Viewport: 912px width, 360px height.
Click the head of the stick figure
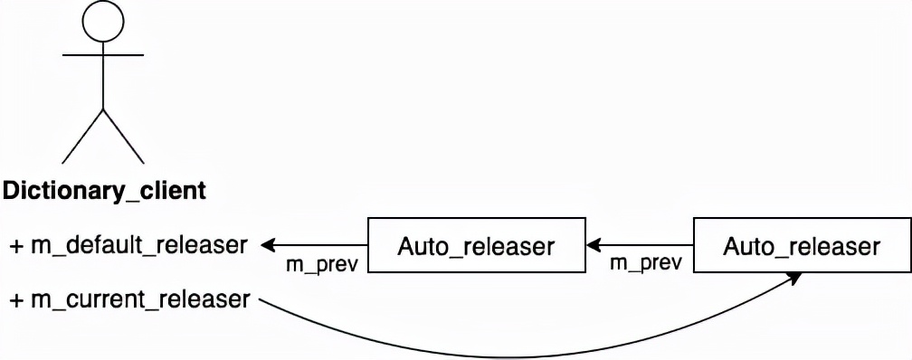(102, 23)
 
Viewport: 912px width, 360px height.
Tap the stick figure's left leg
(82, 137)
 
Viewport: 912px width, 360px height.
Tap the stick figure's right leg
(123, 137)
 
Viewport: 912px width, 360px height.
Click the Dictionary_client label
(104, 191)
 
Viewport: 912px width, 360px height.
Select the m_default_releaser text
(138, 244)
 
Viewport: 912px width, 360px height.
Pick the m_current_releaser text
(138, 298)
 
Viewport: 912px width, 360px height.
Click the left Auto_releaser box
(476, 245)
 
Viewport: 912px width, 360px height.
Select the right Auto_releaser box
(802, 245)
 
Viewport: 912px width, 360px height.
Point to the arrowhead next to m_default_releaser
(269, 244)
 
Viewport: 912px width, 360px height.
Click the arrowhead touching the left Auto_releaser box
(594, 244)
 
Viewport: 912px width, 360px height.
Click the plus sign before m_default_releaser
(16, 245)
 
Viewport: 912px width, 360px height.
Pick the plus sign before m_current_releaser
(16, 298)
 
